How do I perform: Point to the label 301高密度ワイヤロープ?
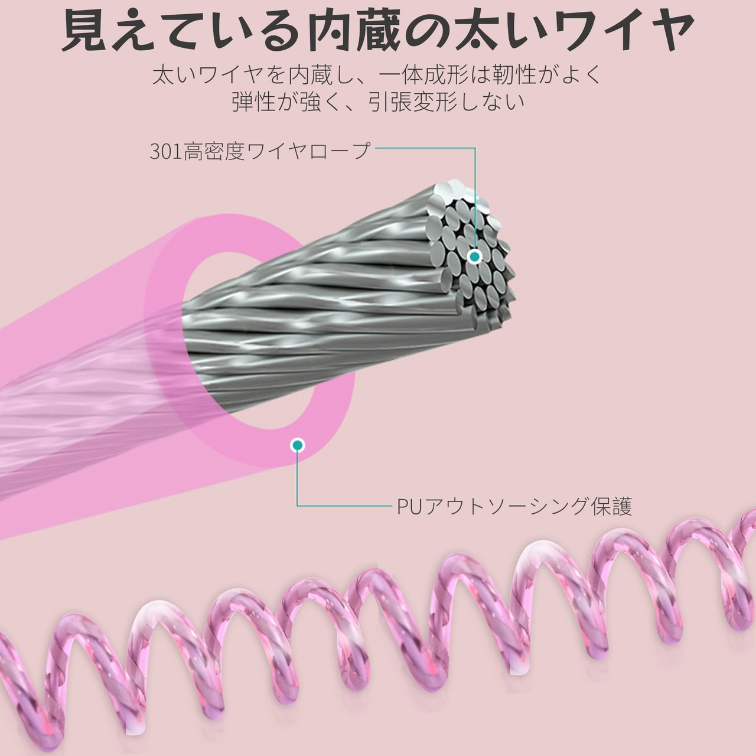pos(260,152)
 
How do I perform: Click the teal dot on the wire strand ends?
pos(474,256)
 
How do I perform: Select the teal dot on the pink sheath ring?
pos(298,445)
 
